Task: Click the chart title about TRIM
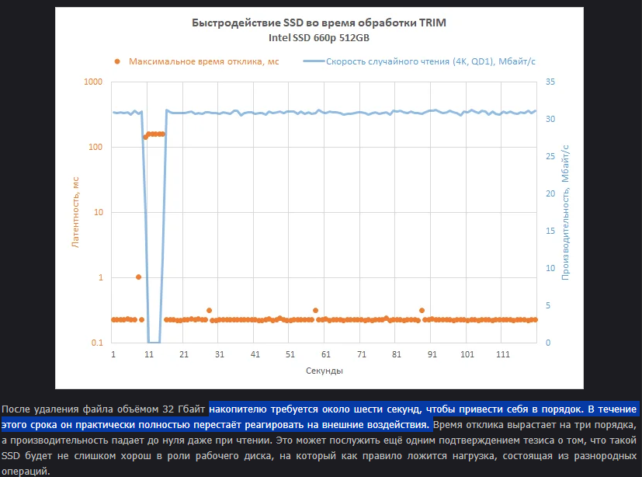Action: pyautogui.click(x=319, y=23)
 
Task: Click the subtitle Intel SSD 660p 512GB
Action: pyautogui.click(x=319, y=37)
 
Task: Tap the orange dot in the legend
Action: pyautogui.click(x=117, y=61)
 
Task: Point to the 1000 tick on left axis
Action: pyautogui.click(x=93, y=82)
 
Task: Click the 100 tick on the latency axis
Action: pyautogui.click(x=95, y=147)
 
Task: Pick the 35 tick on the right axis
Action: pyautogui.click(x=550, y=82)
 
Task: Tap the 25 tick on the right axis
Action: pyautogui.click(x=550, y=156)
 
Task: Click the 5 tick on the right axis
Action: pyautogui.click(x=548, y=305)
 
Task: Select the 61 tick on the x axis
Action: pyautogui.click(x=326, y=355)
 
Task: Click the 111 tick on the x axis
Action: pyautogui.click(x=503, y=355)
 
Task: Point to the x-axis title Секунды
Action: pyautogui.click(x=324, y=371)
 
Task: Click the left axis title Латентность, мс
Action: pyautogui.click(x=75, y=212)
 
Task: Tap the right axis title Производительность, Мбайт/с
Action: pyautogui.click(x=566, y=212)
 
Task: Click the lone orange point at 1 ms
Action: pyautogui.click(x=138, y=277)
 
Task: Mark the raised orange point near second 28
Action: pyautogui.click(x=209, y=311)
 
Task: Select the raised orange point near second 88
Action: pyautogui.click(x=422, y=311)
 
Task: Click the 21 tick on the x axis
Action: pyautogui.click(x=184, y=355)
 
